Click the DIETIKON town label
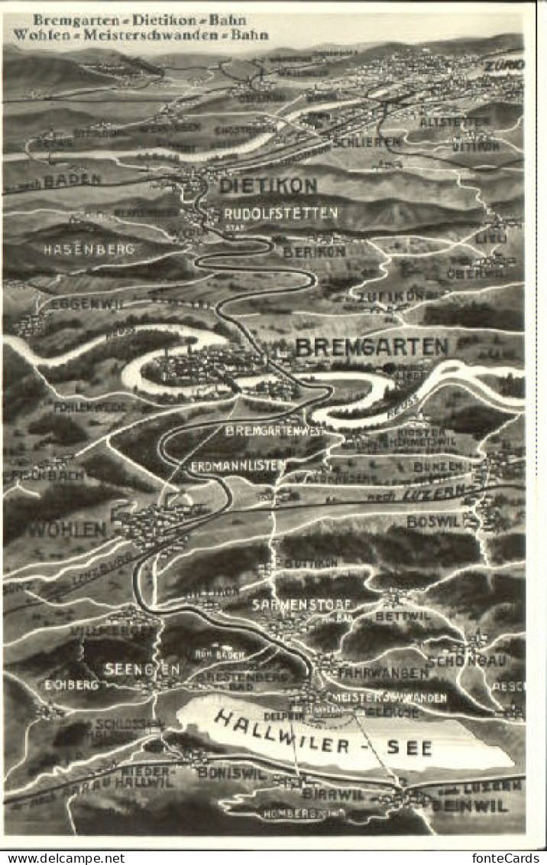tap(267, 185)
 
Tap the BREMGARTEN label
tap(371, 346)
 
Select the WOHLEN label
tap(68, 528)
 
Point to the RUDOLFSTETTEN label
tap(280, 213)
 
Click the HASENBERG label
tap(89, 249)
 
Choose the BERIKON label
tap(314, 251)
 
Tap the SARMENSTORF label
tap(290, 603)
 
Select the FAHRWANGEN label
tap(384, 673)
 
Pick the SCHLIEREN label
tap(366, 142)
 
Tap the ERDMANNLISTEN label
tap(238, 464)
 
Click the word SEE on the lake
tap(409, 747)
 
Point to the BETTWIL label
tap(403, 616)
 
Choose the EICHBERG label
tap(71, 685)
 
